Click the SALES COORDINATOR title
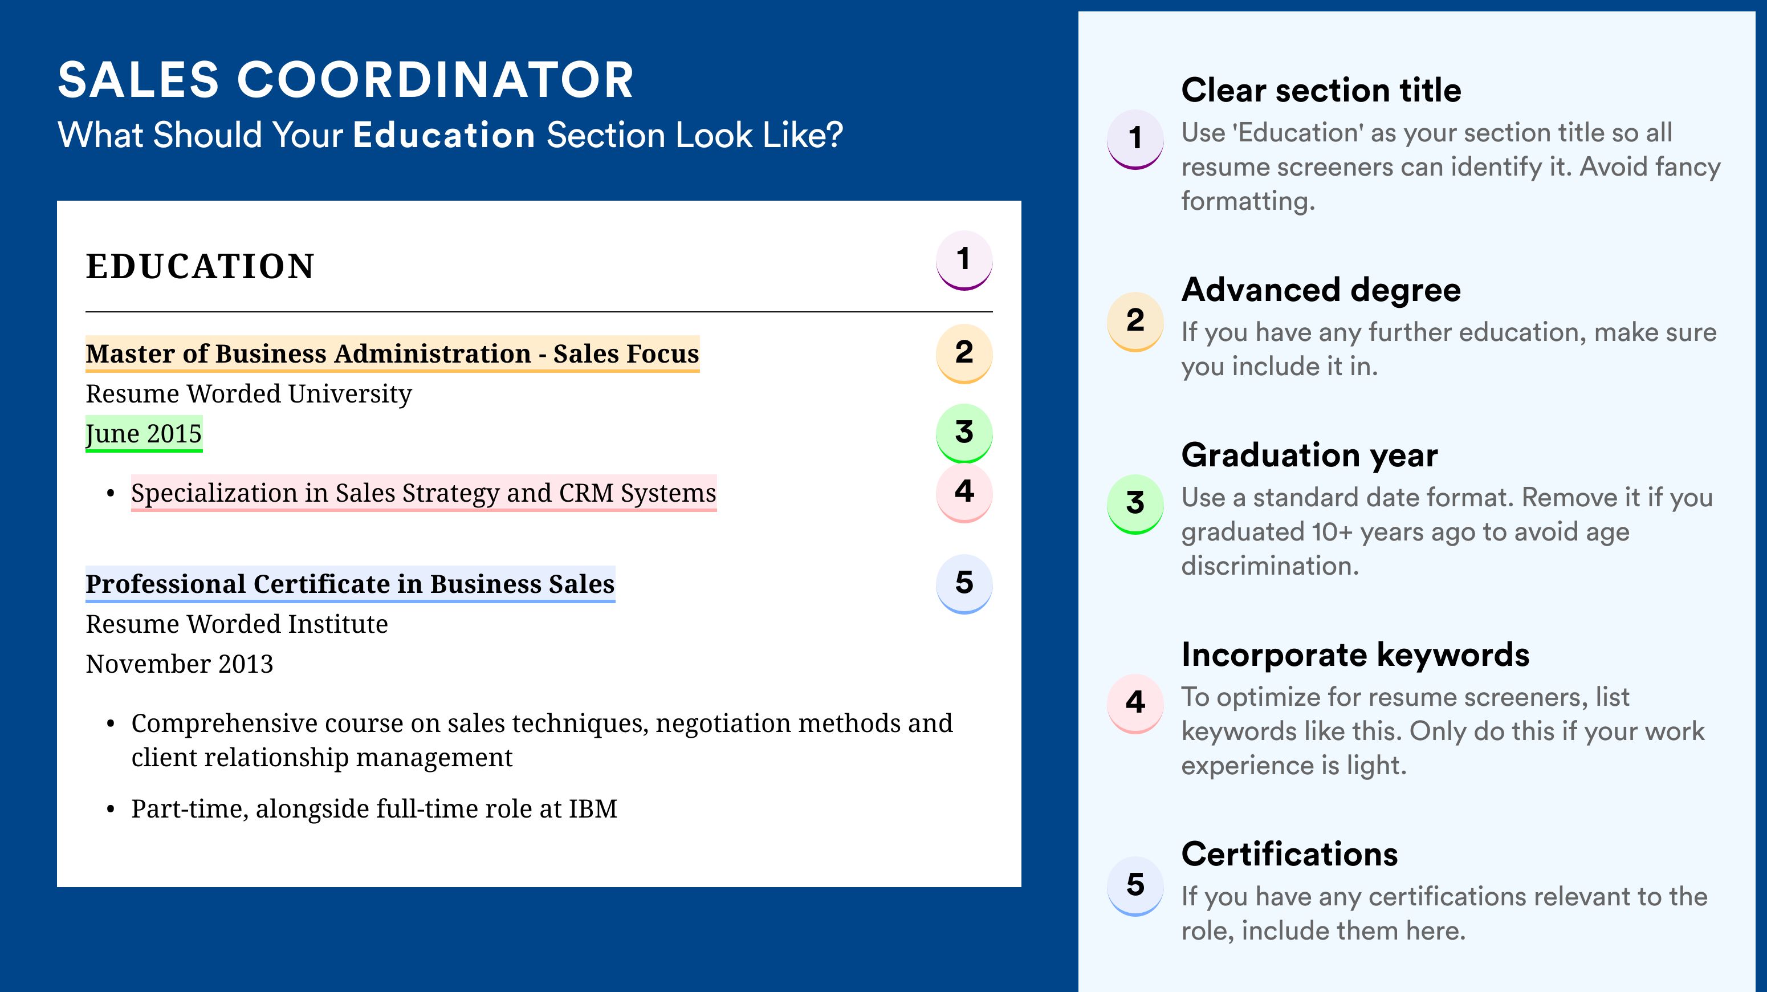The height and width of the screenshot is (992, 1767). (346, 80)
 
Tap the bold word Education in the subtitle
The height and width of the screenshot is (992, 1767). (444, 135)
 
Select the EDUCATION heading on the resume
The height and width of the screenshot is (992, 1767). (199, 266)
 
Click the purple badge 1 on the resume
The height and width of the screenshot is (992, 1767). (964, 260)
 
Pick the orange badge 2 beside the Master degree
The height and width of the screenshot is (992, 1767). (964, 353)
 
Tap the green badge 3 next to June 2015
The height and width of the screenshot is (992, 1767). (964, 433)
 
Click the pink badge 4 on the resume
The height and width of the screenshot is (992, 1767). (964, 493)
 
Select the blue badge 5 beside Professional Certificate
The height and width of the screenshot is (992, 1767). (964, 584)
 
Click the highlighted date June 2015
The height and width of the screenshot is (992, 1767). (144, 433)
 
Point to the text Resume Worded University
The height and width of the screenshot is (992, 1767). (249, 394)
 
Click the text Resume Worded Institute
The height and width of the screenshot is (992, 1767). (237, 624)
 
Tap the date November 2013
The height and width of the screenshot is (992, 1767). (180, 664)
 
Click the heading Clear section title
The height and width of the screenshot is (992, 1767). (1321, 90)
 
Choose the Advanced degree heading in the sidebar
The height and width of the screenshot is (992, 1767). (1321, 290)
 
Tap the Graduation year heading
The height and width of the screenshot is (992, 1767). (1309, 456)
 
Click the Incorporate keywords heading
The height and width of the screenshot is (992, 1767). (1355, 655)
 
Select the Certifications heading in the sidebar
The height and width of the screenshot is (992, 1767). (1289, 854)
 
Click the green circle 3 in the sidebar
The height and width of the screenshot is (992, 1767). (1135, 503)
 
